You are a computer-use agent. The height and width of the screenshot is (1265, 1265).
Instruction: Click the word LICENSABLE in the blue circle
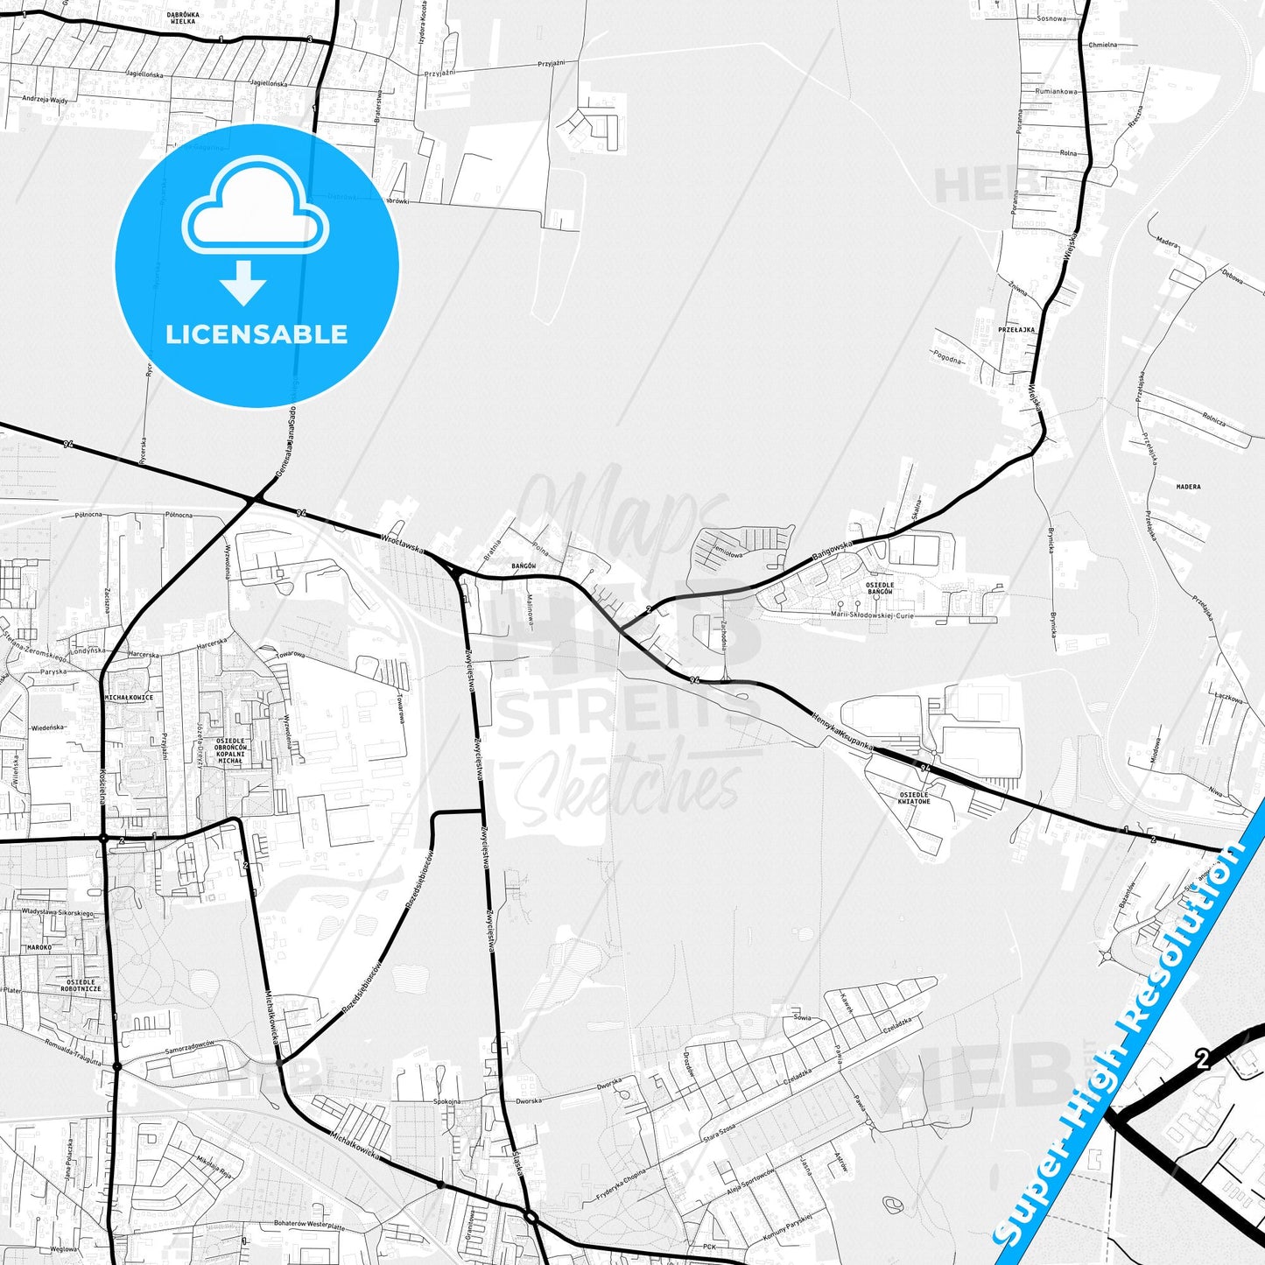[257, 334]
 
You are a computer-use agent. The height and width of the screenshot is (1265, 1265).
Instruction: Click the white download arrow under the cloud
[243, 283]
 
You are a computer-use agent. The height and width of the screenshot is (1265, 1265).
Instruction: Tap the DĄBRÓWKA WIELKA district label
[183, 18]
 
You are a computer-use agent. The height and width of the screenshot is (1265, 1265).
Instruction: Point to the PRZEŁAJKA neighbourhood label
[1016, 330]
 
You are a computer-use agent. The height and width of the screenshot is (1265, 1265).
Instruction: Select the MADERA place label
[1188, 487]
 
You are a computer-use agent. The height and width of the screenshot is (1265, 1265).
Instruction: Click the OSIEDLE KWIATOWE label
[913, 798]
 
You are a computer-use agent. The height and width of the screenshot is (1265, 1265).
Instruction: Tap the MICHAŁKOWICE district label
[129, 698]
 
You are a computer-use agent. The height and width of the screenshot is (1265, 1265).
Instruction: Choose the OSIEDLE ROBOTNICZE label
[83, 986]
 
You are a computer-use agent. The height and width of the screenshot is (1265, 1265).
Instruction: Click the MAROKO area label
[39, 947]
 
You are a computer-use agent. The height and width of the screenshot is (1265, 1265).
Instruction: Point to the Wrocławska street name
[403, 544]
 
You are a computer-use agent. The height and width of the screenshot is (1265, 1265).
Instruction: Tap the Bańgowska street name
[832, 550]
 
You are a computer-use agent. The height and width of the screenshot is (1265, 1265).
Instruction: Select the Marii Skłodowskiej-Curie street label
[885, 615]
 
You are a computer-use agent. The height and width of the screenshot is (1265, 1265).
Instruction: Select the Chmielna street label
[1102, 44]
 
